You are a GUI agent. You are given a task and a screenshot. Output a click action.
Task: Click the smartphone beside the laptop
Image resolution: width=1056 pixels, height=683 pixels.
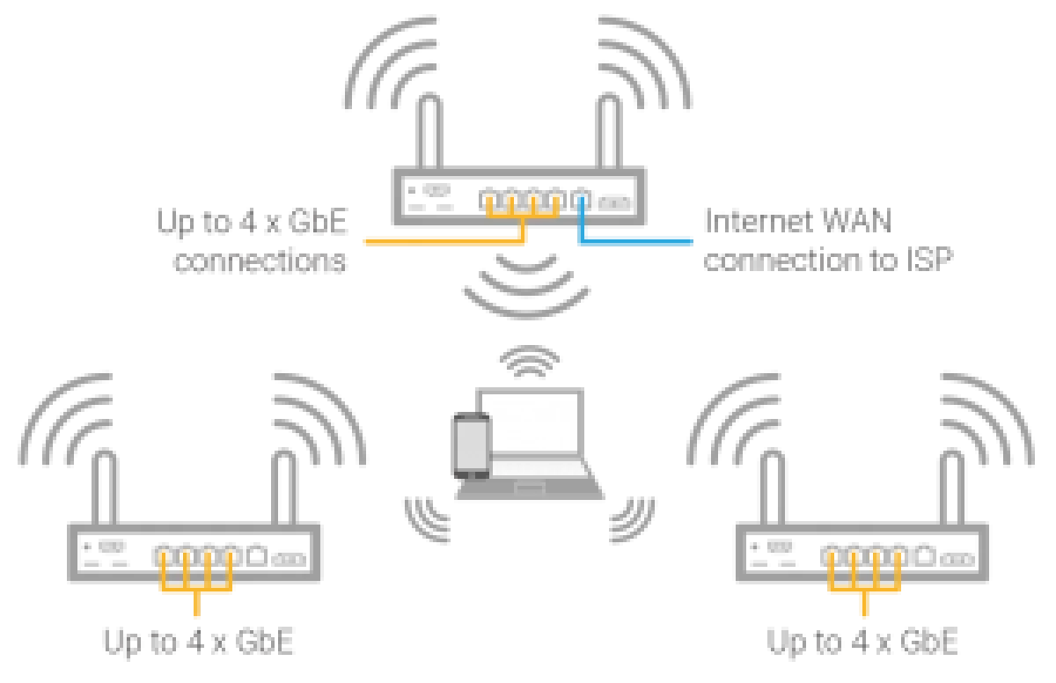[x=470, y=446]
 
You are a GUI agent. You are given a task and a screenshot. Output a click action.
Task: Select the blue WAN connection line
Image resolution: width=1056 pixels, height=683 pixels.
[x=634, y=239]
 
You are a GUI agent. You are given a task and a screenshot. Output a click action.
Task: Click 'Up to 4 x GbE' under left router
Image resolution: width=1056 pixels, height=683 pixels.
[x=198, y=643]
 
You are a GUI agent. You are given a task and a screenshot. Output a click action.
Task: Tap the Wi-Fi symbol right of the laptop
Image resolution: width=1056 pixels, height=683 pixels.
[x=632, y=519]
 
